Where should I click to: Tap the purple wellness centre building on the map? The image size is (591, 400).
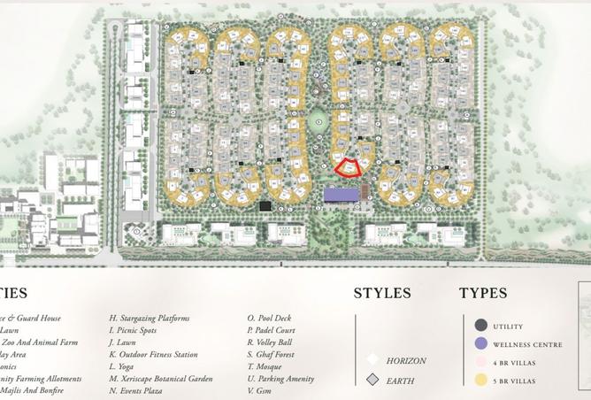(342, 194)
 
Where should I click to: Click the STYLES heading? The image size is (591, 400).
(382, 293)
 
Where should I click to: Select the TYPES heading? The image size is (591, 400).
(483, 293)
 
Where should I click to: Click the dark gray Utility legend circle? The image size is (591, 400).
(480, 326)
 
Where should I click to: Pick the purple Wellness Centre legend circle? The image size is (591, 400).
(480, 344)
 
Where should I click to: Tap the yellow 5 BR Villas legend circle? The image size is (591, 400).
(480, 381)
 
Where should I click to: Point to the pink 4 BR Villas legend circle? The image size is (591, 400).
(480, 363)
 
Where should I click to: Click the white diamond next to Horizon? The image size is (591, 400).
(373, 360)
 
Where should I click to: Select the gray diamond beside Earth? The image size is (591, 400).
(373, 380)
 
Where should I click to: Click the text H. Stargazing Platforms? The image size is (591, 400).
(150, 318)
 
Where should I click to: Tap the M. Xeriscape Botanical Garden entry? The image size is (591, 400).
(161, 379)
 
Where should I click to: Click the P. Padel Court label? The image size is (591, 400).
(272, 330)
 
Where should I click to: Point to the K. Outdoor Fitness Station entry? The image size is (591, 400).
(153, 354)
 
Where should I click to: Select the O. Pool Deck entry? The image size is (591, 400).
(270, 318)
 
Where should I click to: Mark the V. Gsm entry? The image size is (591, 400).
(261, 391)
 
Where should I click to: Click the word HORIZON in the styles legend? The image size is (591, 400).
(406, 361)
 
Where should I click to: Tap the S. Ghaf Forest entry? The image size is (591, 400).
(271, 354)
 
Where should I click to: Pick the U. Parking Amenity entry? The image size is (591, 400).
(280, 379)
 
